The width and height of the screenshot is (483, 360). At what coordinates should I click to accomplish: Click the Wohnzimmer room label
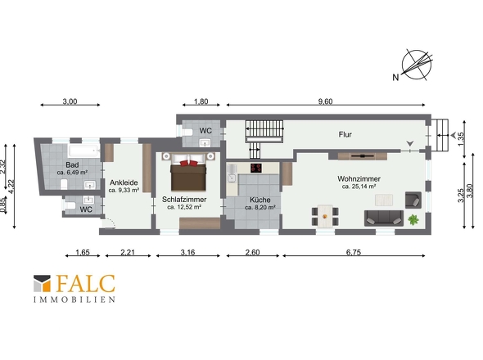(359, 178)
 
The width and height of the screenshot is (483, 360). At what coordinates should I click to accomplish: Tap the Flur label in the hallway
(345, 134)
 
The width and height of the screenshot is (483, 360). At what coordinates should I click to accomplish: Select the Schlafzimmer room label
(184, 200)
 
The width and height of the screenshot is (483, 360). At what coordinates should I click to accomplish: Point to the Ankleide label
(124, 182)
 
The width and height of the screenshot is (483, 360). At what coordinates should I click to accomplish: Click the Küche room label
(260, 200)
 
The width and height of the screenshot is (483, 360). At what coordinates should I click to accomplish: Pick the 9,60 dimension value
(325, 101)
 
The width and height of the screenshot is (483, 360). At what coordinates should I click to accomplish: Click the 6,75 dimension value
(354, 253)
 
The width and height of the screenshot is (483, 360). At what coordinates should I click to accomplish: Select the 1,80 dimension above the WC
(201, 101)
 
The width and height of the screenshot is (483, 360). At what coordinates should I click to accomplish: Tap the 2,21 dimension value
(128, 253)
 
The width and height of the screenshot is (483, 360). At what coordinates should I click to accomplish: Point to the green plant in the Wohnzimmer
(413, 220)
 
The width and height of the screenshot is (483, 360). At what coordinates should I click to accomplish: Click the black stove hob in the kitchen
(256, 168)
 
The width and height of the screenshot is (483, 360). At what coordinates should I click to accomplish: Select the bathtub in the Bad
(84, 151)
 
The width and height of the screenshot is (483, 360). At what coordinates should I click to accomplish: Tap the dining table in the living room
(325, 216)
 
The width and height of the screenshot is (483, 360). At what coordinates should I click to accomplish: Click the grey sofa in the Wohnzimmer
(384, 218)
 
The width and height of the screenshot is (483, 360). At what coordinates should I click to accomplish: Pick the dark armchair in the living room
(413, 200)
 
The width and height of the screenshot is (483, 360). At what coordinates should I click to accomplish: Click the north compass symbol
(417, 65)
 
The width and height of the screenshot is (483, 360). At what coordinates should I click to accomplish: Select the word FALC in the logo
(86, 284)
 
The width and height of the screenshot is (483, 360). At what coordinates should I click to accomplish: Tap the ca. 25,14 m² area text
(359, 187)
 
